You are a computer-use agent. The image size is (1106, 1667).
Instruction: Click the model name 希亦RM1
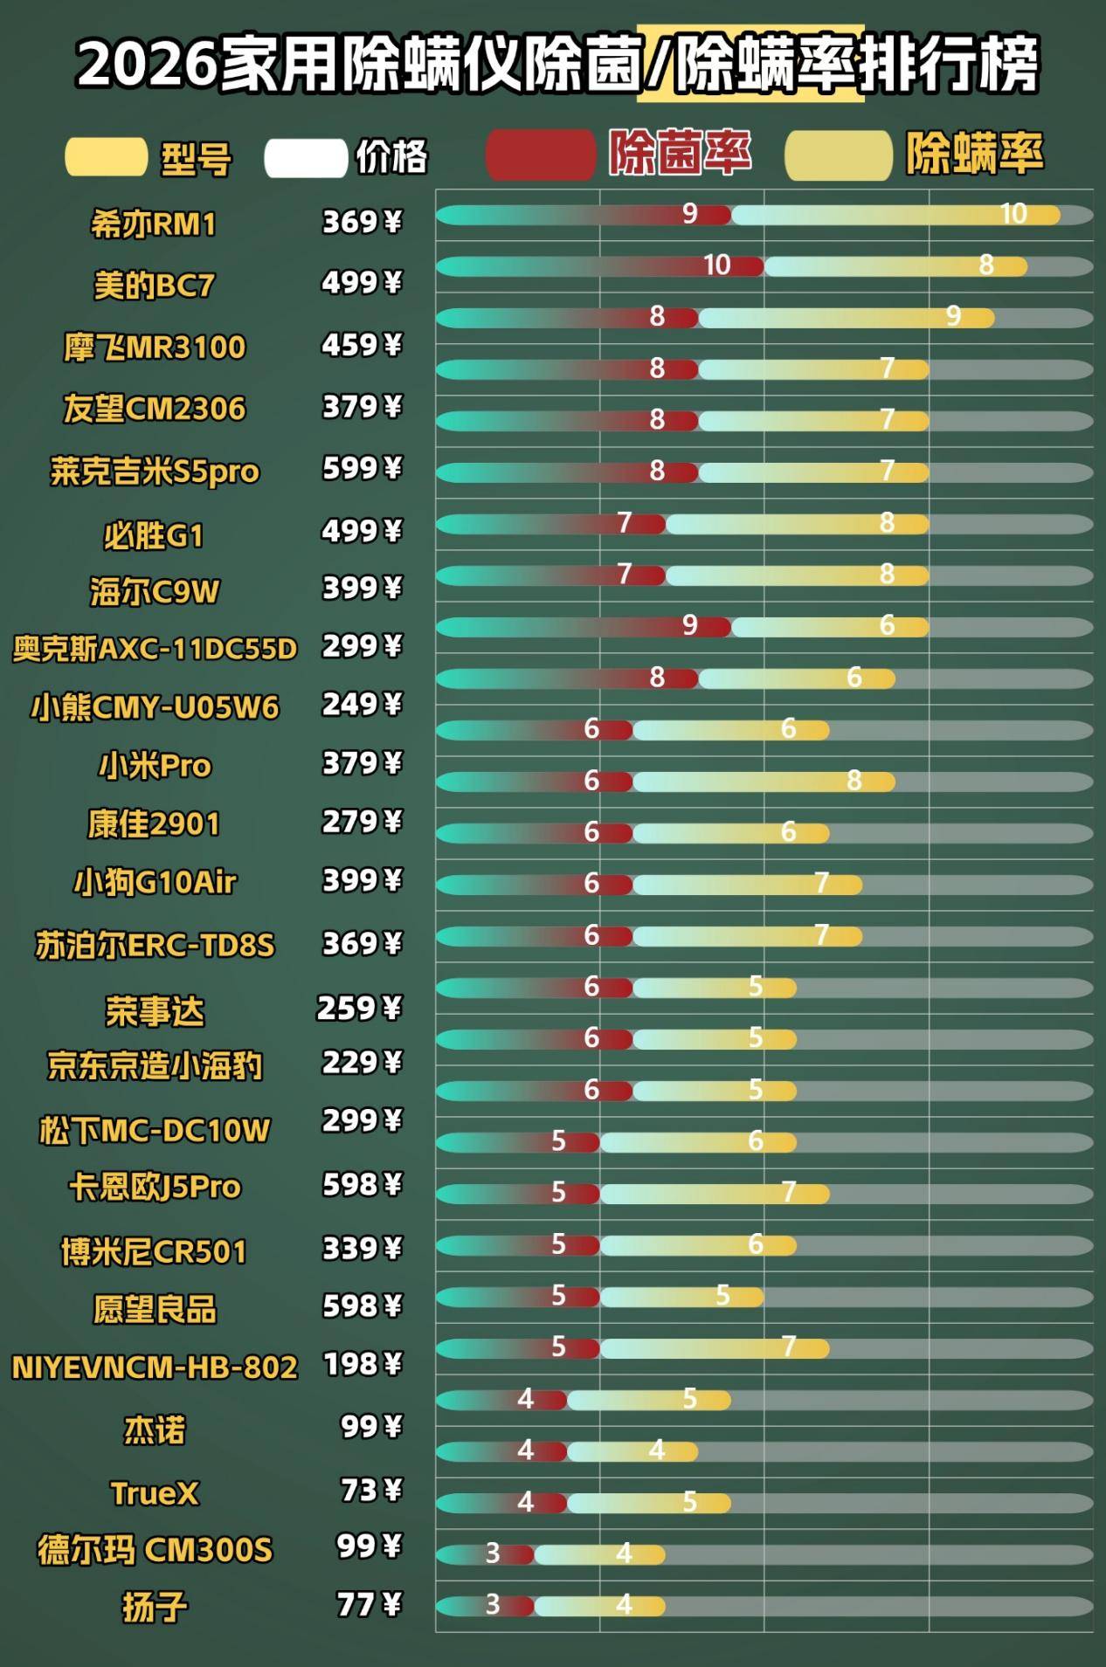pos(154,224)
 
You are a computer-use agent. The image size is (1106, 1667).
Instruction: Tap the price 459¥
pos(362,345)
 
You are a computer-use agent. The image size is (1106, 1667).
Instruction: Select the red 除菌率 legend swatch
pos(540,155)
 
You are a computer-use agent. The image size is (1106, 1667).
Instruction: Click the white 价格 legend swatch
pos(306,158)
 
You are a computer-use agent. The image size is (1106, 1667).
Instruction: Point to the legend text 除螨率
pos(974,155)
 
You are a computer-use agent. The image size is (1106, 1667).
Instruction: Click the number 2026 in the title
pos(147,65)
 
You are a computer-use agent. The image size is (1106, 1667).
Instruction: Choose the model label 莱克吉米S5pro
pos(155,472)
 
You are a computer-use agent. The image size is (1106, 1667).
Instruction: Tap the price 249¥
pos(362,704)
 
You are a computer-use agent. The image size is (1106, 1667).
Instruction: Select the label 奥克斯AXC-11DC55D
pos(155,649)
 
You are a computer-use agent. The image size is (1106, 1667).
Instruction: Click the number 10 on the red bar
pos(716,265)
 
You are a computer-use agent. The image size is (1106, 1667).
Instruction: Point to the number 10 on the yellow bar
pos(1013,214)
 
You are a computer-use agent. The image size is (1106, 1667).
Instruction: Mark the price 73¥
pos(371,1490)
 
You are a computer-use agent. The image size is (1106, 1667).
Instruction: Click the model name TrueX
pos(155,1493)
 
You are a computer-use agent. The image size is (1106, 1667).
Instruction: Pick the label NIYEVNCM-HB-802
pos(155,1367)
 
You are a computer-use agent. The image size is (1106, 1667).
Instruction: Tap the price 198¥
pos(363,1364)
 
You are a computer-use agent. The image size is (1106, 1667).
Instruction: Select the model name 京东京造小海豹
pos(155,1066)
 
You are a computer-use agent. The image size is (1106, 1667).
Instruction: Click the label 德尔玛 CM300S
pos(155,1550)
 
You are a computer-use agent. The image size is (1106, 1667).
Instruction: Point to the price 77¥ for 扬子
pos(370,1604)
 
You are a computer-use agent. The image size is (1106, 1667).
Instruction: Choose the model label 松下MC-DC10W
pos(155,1131)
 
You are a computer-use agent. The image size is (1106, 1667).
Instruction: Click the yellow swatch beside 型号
pos(106,157)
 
